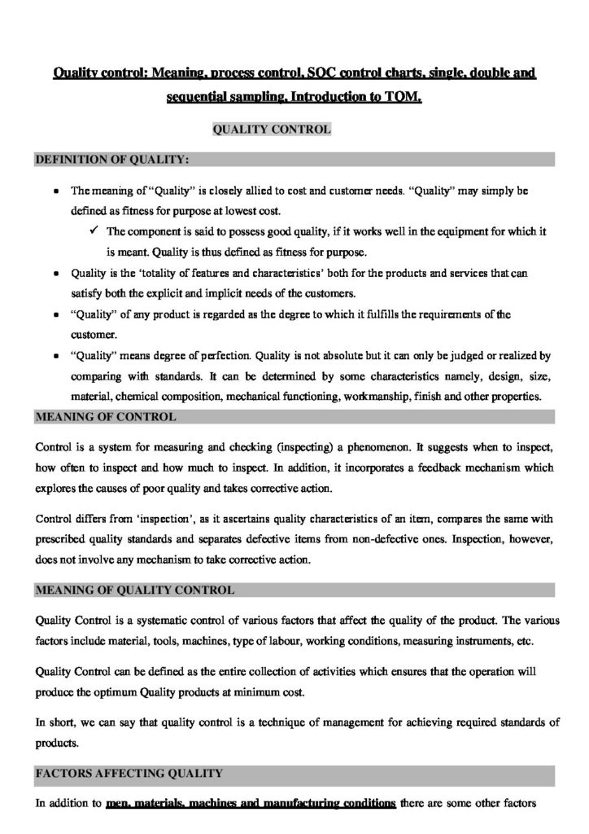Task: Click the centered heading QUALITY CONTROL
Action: click(x=271, y=129)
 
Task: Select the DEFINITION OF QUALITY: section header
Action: click(x=111, y=160)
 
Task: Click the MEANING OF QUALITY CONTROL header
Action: click(x=135, y=589)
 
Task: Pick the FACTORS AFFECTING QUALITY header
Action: click(x=127, y=772)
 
